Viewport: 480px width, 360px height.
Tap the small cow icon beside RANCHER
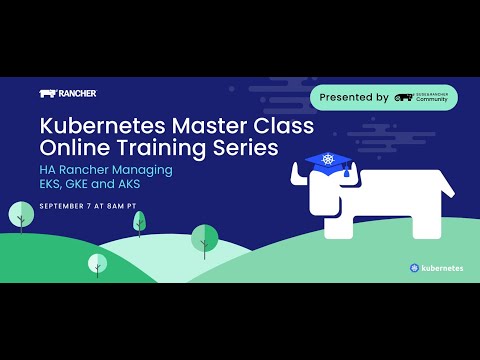pyautogui.click(x=47, y=94)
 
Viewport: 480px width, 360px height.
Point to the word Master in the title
pyautogui.click(x=211, y=127)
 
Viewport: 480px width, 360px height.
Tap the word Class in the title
pyautogui.click(x=284, y=127)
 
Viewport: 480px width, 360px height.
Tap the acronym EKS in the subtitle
pyautogui.click(x=52, y=185)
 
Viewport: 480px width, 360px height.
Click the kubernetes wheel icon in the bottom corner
pyautogui.click(x=415, y=268)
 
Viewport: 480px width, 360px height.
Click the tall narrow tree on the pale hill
pyautogui.click(x=139, y=222)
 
